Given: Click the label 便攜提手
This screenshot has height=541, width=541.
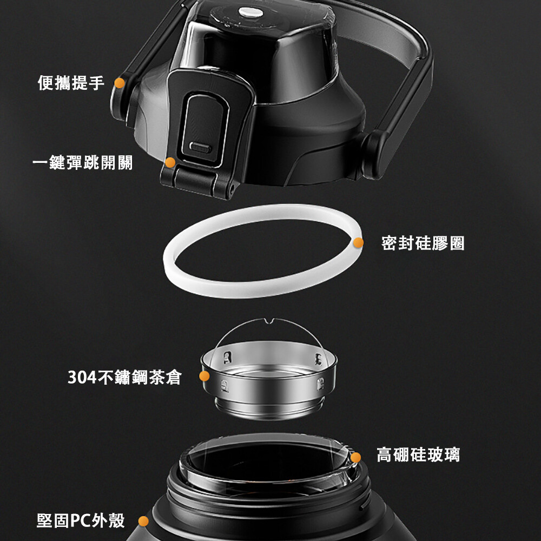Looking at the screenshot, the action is click(71, 83).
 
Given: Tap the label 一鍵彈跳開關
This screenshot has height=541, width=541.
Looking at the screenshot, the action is click(82, 162).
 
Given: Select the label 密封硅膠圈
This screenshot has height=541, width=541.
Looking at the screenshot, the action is click(423, 243).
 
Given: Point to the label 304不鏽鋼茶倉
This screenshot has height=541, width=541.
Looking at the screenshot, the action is click(124, 377).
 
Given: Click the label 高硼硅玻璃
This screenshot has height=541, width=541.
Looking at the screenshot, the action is click(418, 454).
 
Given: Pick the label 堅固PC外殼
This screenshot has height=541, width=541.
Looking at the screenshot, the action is click(81, 520).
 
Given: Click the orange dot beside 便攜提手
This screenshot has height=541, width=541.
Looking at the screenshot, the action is click(120, 83).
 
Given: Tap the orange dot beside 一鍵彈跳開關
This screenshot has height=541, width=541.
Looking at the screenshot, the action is click(170, 162).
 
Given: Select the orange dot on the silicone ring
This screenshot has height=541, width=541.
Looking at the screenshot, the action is click(359, 242).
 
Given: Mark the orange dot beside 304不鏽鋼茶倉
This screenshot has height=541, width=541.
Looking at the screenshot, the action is click(204, 376).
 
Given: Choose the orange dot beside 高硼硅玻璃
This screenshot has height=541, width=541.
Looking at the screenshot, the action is click(356, 458).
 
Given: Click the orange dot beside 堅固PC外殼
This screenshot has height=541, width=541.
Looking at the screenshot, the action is click(143, 522).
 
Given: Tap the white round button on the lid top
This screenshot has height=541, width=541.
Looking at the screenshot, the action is click(251, 12).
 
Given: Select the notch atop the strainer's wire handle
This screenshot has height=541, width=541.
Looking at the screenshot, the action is click(268, 321).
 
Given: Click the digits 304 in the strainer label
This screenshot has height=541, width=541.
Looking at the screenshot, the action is click(82, 378).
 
